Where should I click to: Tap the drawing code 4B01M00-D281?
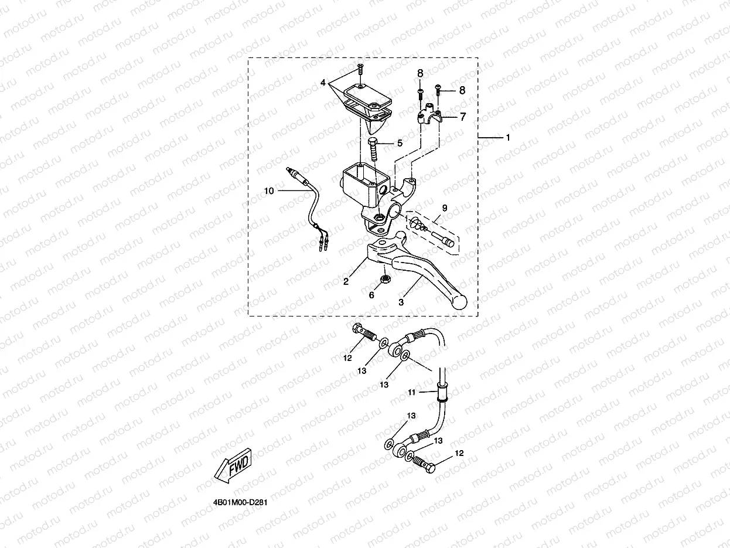click(241, 503)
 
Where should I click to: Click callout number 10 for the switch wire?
click(268, 191)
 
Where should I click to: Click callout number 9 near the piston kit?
click(445, 208)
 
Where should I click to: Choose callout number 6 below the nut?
click(371, 295)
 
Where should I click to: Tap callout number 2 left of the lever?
click(346, 282)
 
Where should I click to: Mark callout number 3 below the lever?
click(401, 302)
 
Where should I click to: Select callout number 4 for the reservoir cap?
click(322, 83)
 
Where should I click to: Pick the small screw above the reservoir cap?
click(360, 72)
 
